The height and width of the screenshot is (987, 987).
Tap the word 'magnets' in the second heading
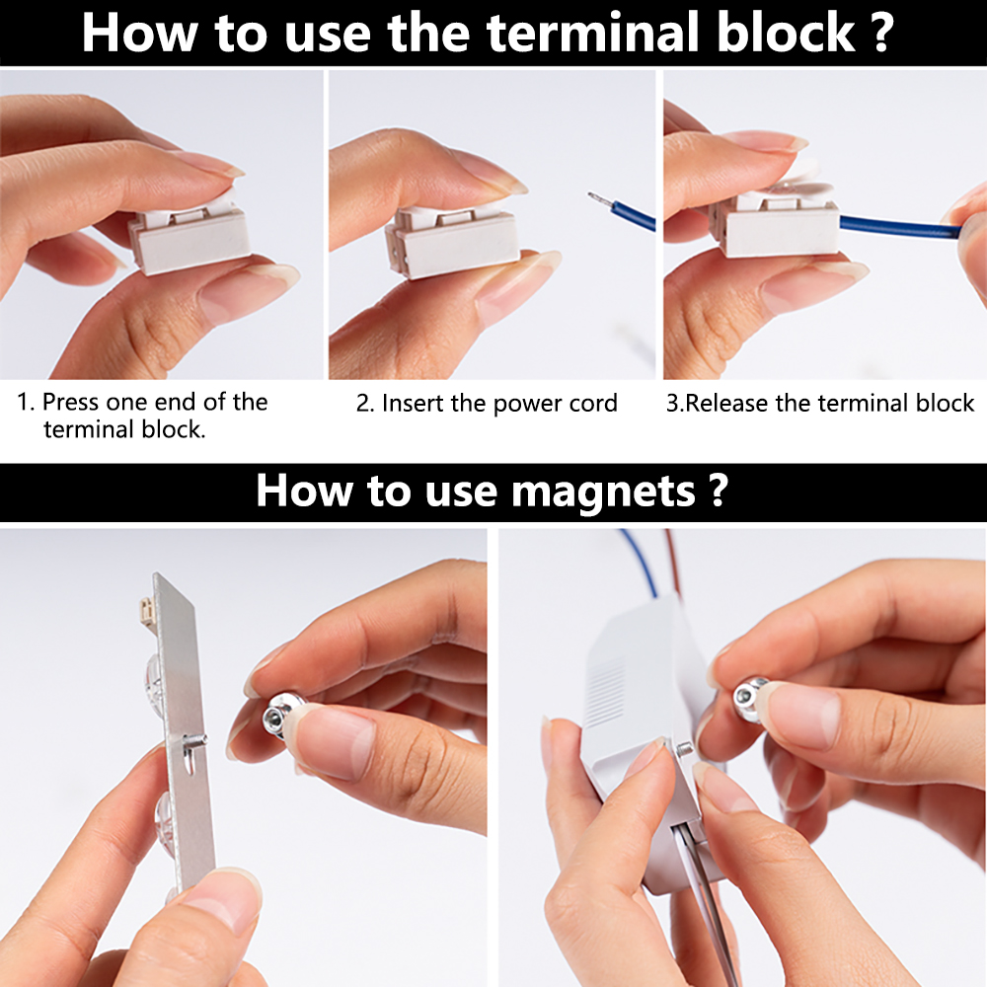pyautogui.click(x=603, y=491)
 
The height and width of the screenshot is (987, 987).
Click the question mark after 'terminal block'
pyautogui.click(x=882, y=33)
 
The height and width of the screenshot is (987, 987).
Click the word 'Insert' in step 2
pyautogui.click(x=413, y=403)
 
